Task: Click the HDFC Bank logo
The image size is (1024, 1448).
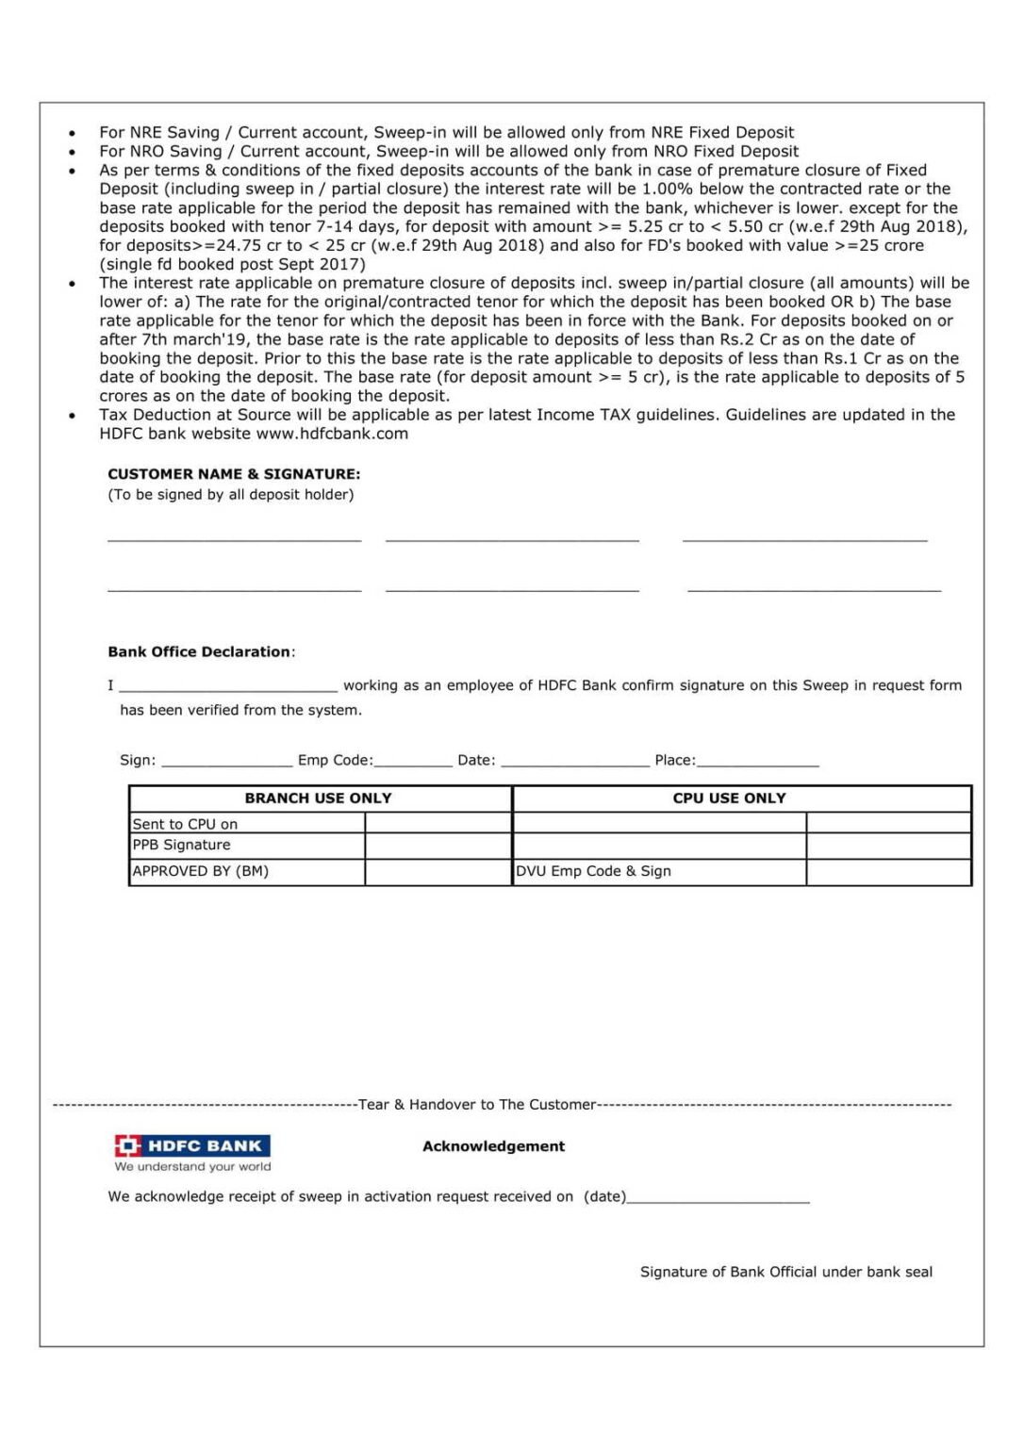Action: pos(192,1145)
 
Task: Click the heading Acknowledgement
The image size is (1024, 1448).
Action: pos(493,1146)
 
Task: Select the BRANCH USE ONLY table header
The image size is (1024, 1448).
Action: pos(319,798)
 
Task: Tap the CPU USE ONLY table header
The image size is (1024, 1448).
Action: pos(729,798)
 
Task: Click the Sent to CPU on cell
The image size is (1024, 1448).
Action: pos(185,824)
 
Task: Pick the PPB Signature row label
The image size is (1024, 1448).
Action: pos(181,845)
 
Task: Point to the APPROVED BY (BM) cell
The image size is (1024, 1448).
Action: pos(201,871)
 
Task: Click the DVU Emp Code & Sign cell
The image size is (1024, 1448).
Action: pos(593,871)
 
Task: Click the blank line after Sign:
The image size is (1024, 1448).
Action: pos(227,762)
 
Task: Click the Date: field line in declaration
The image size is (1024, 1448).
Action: pos(575,762)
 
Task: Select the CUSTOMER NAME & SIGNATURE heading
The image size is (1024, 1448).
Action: pos(234,474)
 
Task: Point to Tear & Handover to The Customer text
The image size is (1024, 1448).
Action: pos(477,1105)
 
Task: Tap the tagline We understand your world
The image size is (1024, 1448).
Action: pos(192,1167)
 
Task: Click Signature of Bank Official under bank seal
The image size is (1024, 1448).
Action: pos(785,1272)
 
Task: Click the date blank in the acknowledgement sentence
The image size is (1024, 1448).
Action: pos(718,1198)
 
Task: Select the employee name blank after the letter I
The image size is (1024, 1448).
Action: pos(228,687)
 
